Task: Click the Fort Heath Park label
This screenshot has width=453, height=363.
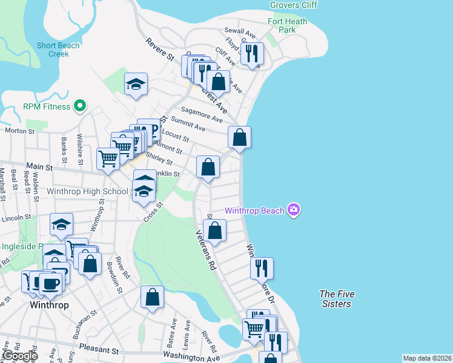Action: click(x=288, y=25)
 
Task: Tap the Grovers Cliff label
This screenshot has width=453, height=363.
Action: click(x=293, y=6)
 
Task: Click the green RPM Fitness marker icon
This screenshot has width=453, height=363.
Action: click(x=79, y=106)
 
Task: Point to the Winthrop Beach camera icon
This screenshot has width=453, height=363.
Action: click(x=293, y=211)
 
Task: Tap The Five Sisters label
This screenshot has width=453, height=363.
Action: click(x=336, y=299)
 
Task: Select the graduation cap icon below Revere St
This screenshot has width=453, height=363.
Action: click(x=136, y=85)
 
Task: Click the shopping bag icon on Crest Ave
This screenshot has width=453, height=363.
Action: click(x=218, y=82)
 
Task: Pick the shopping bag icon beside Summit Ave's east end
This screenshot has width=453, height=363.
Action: click(x=240, y=137)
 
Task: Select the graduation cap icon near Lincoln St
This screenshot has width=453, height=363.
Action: click(x=61, y=225)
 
